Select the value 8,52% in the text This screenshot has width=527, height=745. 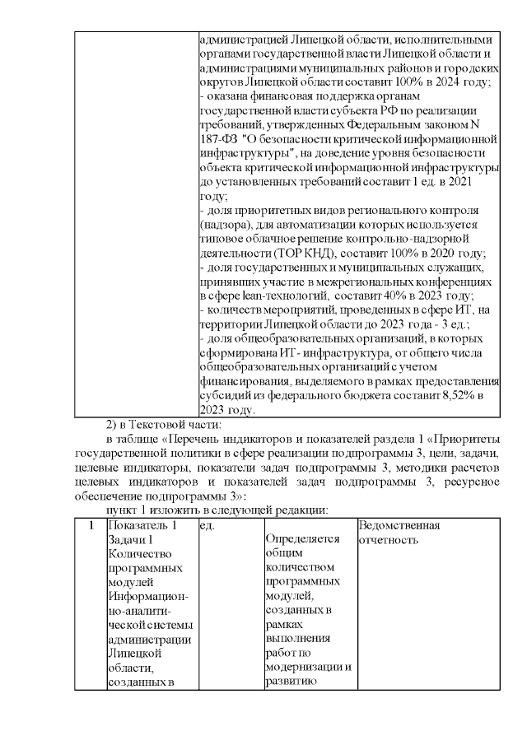pos(450,395)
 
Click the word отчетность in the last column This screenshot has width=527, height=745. pos(389,539)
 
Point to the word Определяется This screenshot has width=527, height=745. pos(302,539)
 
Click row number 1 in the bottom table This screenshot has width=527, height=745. pos(90,525)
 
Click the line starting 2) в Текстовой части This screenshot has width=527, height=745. pos(163,424)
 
